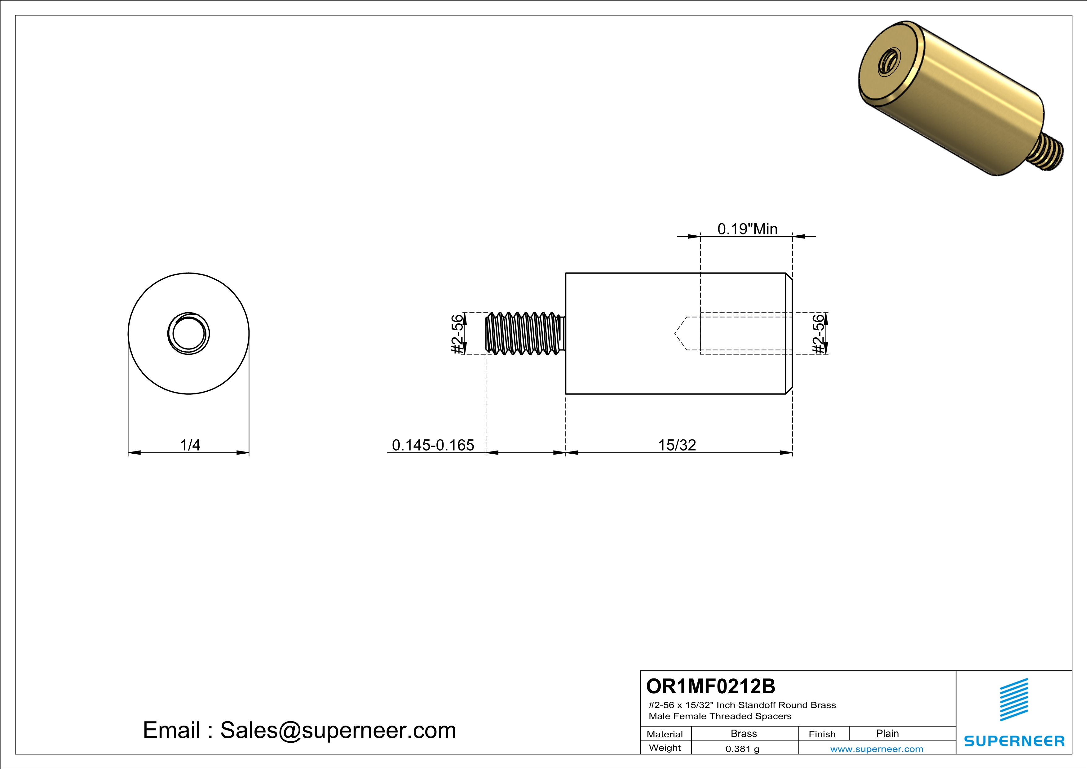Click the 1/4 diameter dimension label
pyautogui.click(x=190, y=445)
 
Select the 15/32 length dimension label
pyautogui.click(x=677, y=445)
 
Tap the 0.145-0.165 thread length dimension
pyautogui.click(x=433, y=445)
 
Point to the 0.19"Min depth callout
pyautogui.click(x=747, y=229)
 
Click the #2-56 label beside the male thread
pyautogui.click(x=457, y=334)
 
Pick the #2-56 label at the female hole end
pyautogui.click(x=818, y=334)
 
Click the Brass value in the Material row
pyautogui.click(x=744, y=733)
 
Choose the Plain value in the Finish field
pyautogui.click(x=887, y=733)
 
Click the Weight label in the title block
pyautogui.click(x=665, y=748)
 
